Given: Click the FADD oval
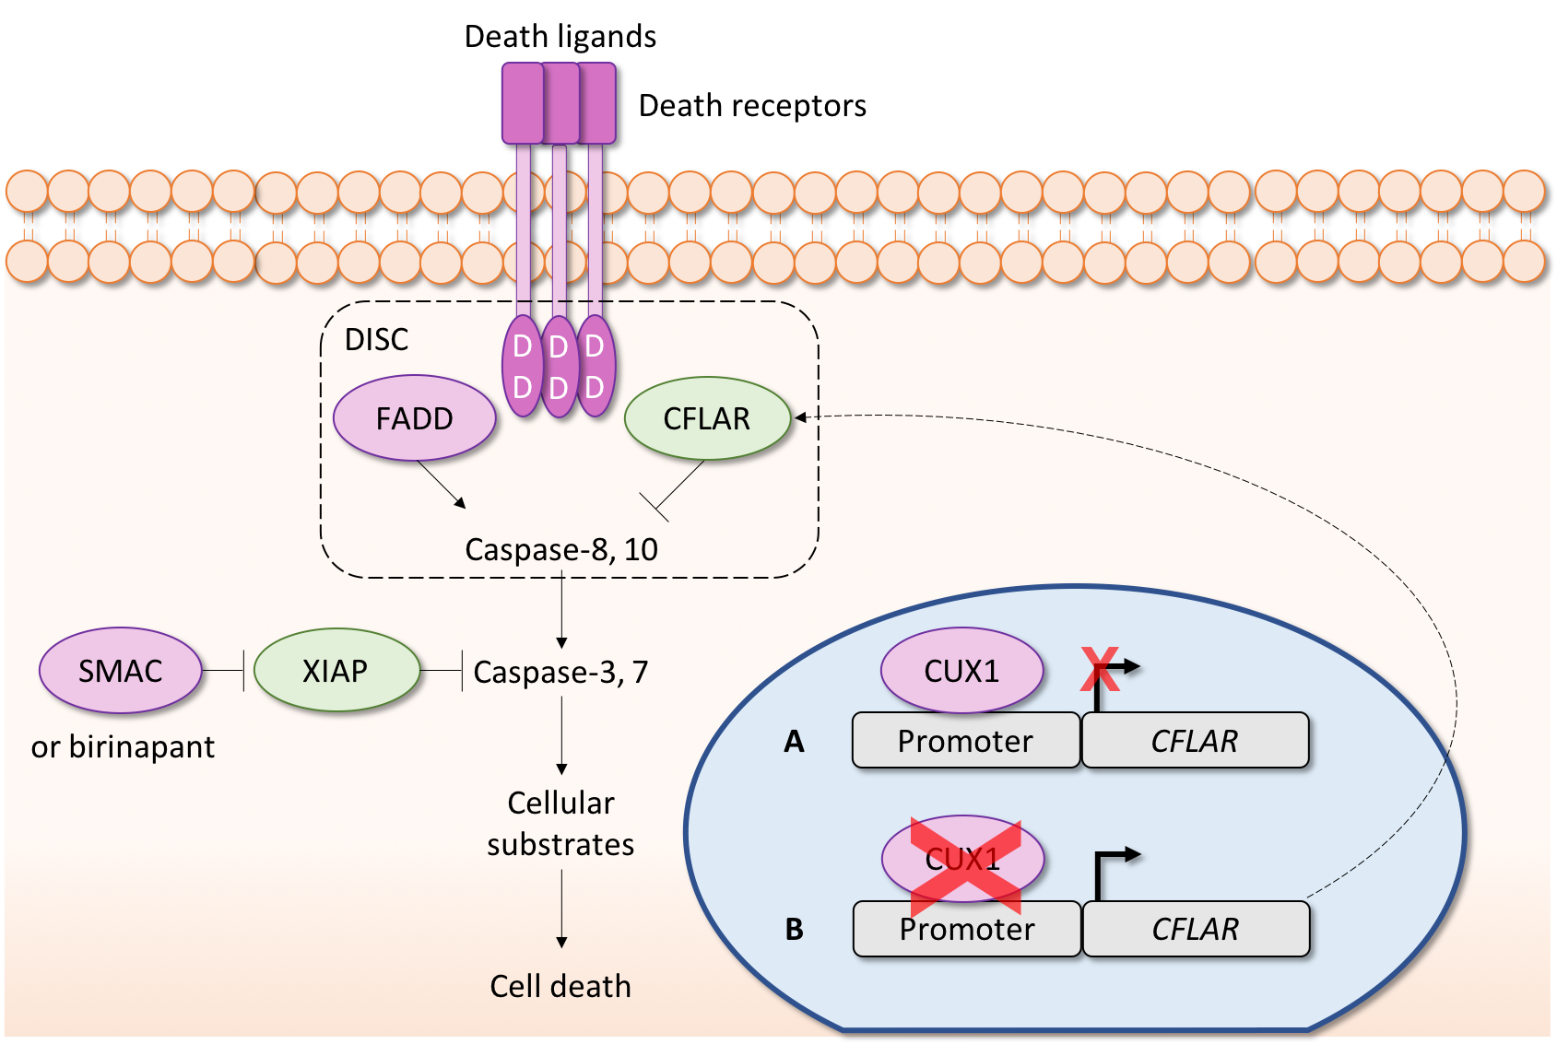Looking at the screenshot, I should point(414,418).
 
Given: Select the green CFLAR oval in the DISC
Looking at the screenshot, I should point(707,418).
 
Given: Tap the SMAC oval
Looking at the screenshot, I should point(121,671).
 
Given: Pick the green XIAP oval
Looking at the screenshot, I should point(336,671).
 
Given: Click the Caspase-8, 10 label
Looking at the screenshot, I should point(561,549).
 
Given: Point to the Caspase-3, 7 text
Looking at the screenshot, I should point(560,672).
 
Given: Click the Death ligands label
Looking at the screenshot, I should point(560,37).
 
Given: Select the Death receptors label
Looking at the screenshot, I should point(752,106).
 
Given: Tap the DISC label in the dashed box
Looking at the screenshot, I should point(376,340).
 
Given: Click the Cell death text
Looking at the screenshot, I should point(560,986).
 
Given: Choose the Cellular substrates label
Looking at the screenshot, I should point(560,824).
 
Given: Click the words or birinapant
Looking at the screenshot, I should point(123,746).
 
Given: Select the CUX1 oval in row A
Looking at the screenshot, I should point(961,671).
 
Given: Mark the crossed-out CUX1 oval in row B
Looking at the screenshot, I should point(963,859).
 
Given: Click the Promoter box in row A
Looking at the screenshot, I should point(965,741).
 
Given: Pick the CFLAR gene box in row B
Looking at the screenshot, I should point(1196,929).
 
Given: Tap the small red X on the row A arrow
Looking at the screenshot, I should point(1100,669).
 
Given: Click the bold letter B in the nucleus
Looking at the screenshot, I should point(795,929).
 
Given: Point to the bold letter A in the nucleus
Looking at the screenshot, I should point(794,741).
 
